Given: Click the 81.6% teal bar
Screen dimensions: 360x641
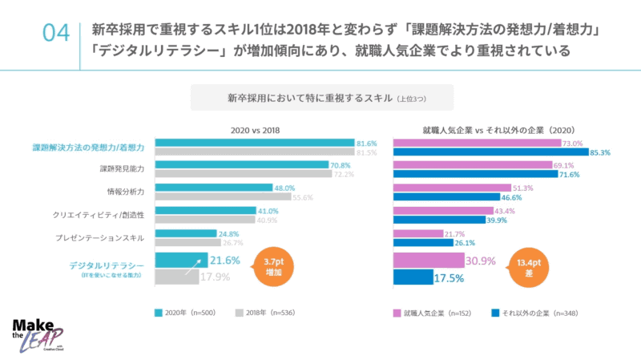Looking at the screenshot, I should point(255,144).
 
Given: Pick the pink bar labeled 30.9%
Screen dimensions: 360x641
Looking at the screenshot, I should point(429,261).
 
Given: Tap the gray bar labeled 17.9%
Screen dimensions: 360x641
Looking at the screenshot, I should point(175,277).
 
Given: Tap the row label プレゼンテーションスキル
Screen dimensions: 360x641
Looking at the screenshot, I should point(105,237).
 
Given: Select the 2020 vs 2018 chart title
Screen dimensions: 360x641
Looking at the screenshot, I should point(255,129).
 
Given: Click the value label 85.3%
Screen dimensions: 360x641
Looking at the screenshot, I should point(600,152).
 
